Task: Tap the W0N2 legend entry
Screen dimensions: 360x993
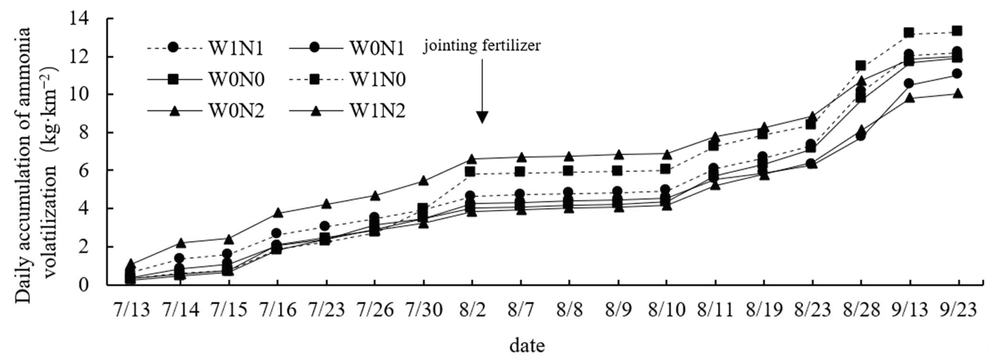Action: [x=236, y=111]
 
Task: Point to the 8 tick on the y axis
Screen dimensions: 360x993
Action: [x=94, y=133]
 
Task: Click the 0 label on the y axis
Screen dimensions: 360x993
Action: [x=94, y=285]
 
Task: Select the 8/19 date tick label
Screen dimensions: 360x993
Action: [x=764, y=310]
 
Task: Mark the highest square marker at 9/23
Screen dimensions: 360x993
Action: [x=957, y=31]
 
